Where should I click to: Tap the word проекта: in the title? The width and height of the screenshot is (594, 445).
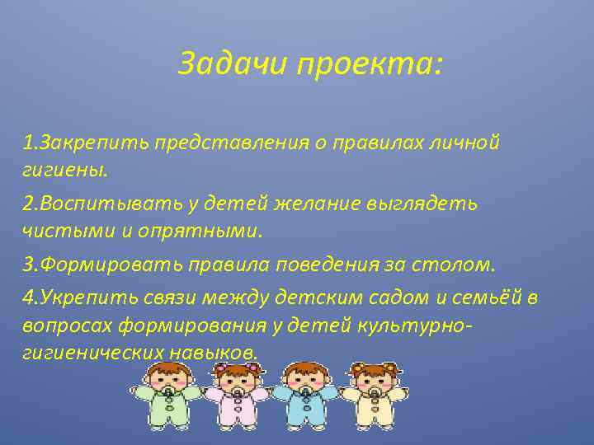[370, 64]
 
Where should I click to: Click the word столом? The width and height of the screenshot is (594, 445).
[454, 265]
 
